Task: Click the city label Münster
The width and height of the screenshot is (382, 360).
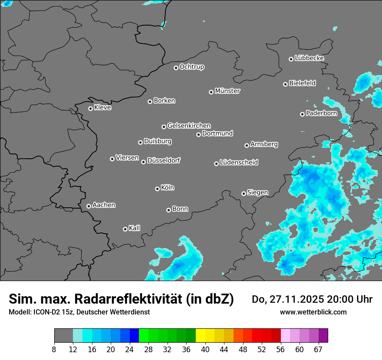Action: point(227,91)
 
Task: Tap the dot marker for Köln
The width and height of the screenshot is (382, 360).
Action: point(157,189)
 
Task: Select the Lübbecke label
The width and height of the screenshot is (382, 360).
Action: point(309,58)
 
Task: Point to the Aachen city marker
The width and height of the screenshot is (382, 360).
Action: point(89,206)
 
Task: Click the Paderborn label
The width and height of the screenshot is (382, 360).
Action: point(321,113)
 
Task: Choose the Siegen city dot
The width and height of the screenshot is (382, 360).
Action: point(244,193)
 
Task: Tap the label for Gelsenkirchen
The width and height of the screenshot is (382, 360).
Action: point(189,126)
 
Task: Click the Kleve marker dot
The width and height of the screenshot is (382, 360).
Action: point(90,108)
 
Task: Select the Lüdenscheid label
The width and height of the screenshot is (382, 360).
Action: point(239,163)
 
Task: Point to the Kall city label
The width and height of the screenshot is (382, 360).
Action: point(134,228)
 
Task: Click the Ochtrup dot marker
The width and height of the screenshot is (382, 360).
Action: point(176,68)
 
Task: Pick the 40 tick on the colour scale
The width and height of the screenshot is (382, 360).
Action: point(205,349)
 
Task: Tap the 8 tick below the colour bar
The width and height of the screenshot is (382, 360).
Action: point(54,349)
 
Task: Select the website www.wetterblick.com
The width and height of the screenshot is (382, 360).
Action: point(313,312)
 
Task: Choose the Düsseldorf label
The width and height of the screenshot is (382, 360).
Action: point(164,160)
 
